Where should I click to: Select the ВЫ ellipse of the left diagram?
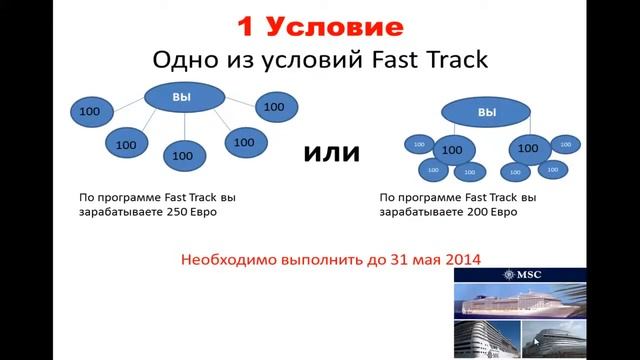click(182, 96)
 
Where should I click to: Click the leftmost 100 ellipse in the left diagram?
click(89, 112)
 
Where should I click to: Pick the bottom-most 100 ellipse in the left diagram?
click(182, 155)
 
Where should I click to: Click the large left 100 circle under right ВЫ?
click(452, 151)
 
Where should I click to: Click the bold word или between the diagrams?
click(330, 154)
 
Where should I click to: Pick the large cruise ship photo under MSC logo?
click(544, 302)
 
